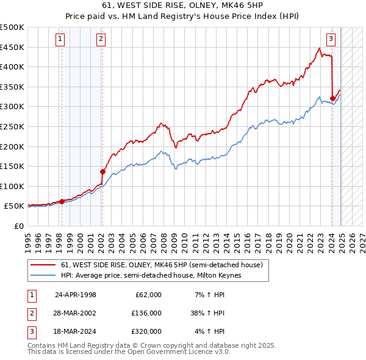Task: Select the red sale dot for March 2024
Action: [x=332, y=98]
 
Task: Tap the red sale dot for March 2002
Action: [x=102, y=171]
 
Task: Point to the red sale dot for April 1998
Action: [x=62, y=201]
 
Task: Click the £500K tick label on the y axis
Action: [x=12, y=27]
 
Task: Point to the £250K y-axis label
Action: [x=12, y=126]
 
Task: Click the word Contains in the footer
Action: [x=43, y=345]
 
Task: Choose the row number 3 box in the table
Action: [x=32, y=331]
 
